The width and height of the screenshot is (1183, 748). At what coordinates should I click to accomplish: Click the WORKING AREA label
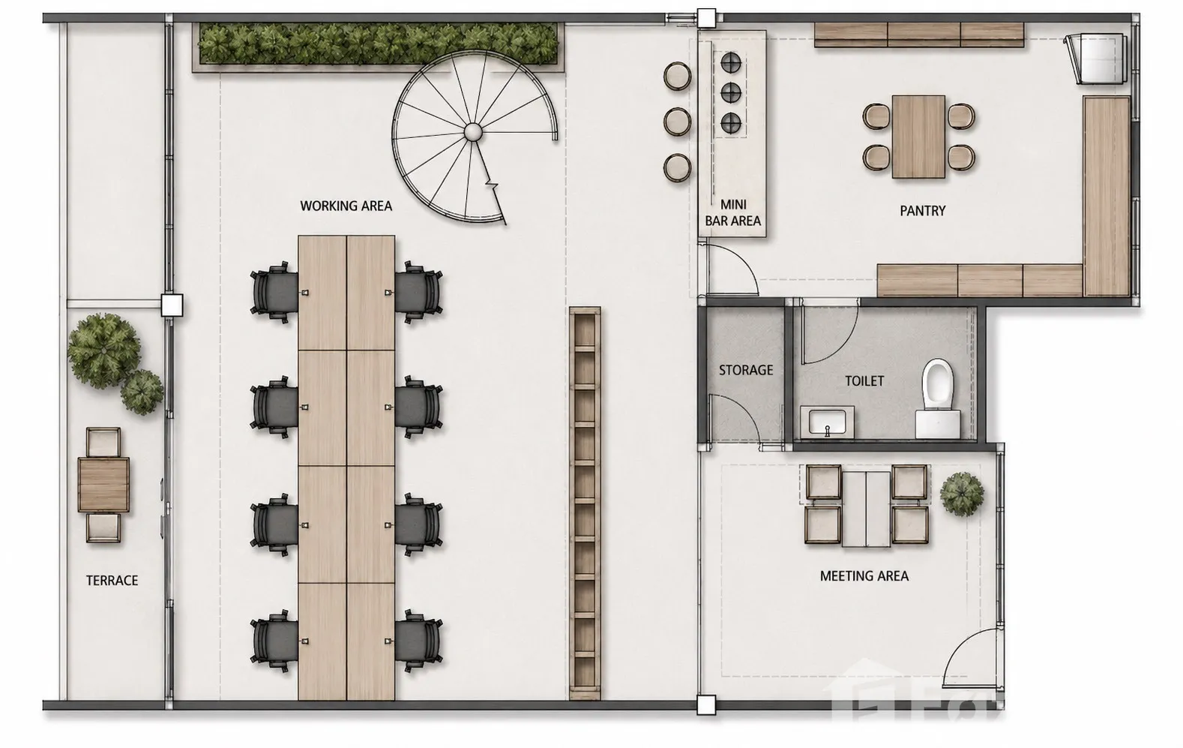pos(346,206)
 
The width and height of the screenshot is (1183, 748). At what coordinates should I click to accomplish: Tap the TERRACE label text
pos(112,581)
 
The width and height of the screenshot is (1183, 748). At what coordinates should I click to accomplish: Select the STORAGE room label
pos(746,370)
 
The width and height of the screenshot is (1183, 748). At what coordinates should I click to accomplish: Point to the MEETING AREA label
pos(864,575)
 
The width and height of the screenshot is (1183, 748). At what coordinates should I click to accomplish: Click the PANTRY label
pos(923,210)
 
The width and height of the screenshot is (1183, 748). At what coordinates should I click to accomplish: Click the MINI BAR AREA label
pos(733,212)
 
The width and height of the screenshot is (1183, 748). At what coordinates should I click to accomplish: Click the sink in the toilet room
pos(827,422)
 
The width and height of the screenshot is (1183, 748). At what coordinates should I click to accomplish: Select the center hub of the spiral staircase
pos(472,131)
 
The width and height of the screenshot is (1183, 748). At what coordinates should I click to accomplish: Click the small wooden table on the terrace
pos(103,485)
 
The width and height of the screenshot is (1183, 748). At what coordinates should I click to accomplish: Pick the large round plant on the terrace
pos(104,350)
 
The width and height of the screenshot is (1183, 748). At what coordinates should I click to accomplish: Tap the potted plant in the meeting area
pos(962,493)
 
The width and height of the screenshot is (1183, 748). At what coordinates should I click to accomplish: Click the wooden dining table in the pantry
pos(918,137)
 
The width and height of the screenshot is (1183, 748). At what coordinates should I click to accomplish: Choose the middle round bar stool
pos(677,122)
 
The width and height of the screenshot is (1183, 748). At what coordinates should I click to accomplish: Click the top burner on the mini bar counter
pos(731,63)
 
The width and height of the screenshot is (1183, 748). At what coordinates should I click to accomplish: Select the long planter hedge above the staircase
pos(378,44)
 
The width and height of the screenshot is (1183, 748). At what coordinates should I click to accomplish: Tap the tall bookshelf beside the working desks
pos(585,503)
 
